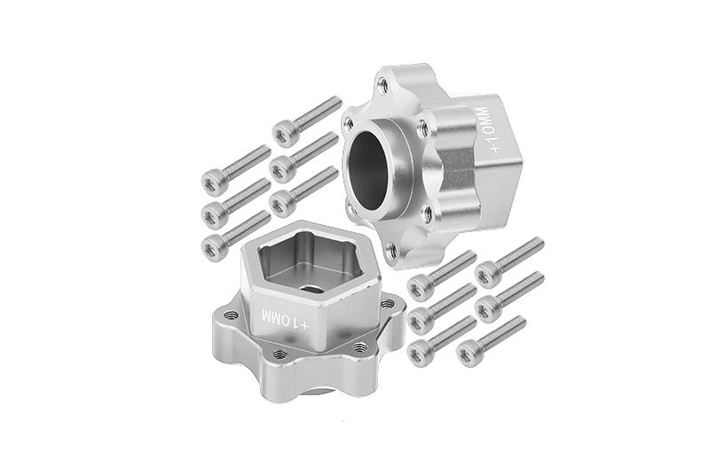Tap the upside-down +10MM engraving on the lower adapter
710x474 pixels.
(285, 319)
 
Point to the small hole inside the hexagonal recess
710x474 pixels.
(312, 288)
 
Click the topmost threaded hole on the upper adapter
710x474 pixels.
(383, 83)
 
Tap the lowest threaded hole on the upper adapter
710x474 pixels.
(392, 249)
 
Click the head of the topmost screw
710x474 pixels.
(285, 133)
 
